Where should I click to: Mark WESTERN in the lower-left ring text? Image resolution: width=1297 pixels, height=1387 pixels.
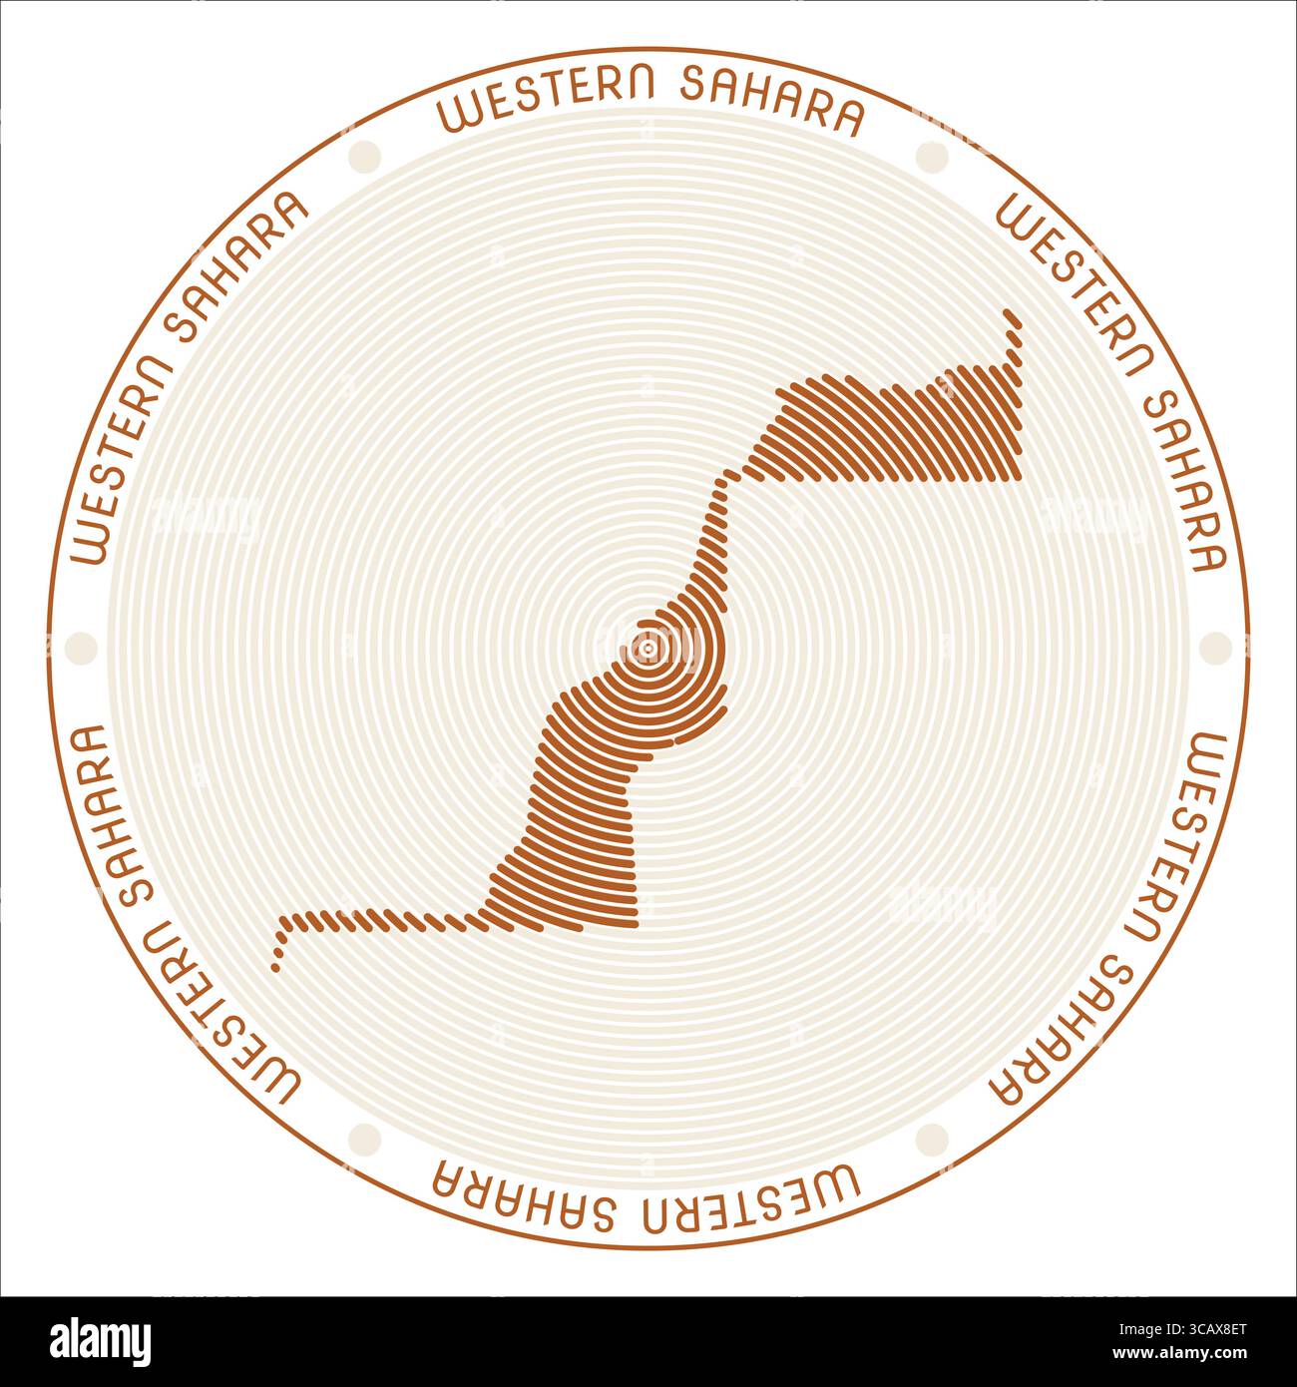point(219,1027)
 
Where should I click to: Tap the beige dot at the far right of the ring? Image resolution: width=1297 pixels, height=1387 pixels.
point(1215,648)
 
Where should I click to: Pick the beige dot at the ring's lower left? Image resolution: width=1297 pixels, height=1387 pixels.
point(365,1139)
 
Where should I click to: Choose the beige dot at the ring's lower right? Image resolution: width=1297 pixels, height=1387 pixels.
point(932,1139)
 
